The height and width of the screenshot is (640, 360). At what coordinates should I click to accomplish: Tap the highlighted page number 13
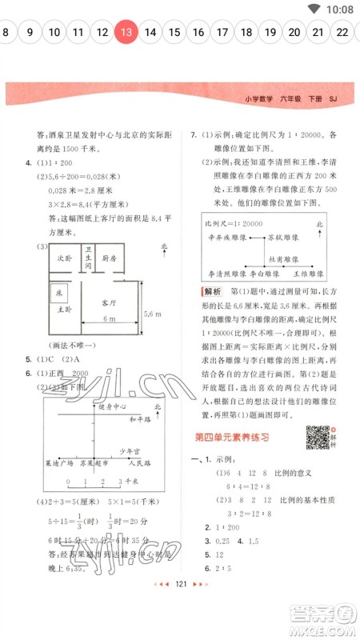tap(126, 33)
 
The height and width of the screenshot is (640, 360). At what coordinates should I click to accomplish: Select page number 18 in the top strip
tap(246, 33)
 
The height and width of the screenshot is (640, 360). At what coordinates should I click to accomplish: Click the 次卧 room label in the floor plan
tap(64, 259)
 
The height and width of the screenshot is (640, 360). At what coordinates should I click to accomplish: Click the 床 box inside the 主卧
tap(59, 294)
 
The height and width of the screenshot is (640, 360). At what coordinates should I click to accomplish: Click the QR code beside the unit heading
tap(318, 437)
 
